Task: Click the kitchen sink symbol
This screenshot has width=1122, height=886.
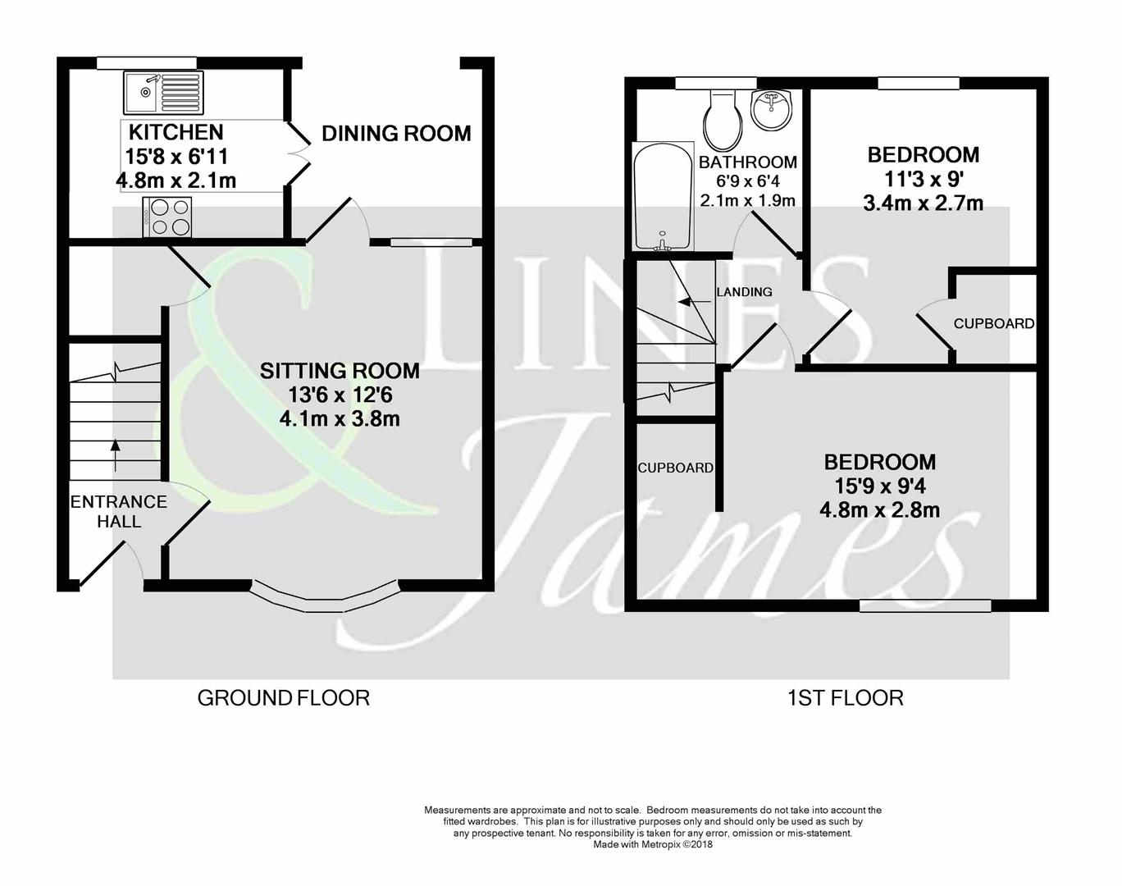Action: (164, 92)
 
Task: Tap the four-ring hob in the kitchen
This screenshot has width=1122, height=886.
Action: (167, 217)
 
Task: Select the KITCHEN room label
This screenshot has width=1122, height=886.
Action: (176, 132)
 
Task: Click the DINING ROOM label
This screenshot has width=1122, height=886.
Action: (396, 133)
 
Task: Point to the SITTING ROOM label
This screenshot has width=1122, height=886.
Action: (340, 371)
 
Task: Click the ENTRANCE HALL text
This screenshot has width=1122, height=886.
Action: (119, 511)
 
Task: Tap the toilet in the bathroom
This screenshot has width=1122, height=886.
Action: (723, 119)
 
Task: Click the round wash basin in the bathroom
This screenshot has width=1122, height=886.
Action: (769, 111)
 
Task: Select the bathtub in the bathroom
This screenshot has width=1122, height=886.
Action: (661, 197)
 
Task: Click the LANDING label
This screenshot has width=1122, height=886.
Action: (744, 292)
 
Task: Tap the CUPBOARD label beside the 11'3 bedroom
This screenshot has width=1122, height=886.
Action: (993, 324)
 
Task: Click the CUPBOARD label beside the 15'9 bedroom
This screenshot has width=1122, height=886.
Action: (676, 468)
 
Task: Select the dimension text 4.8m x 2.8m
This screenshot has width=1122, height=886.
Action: (879, 510)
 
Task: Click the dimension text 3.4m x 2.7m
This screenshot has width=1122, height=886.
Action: (923, 203)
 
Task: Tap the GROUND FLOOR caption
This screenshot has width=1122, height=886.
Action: (284, 698)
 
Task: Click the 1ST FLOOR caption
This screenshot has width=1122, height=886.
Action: (845, 698)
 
